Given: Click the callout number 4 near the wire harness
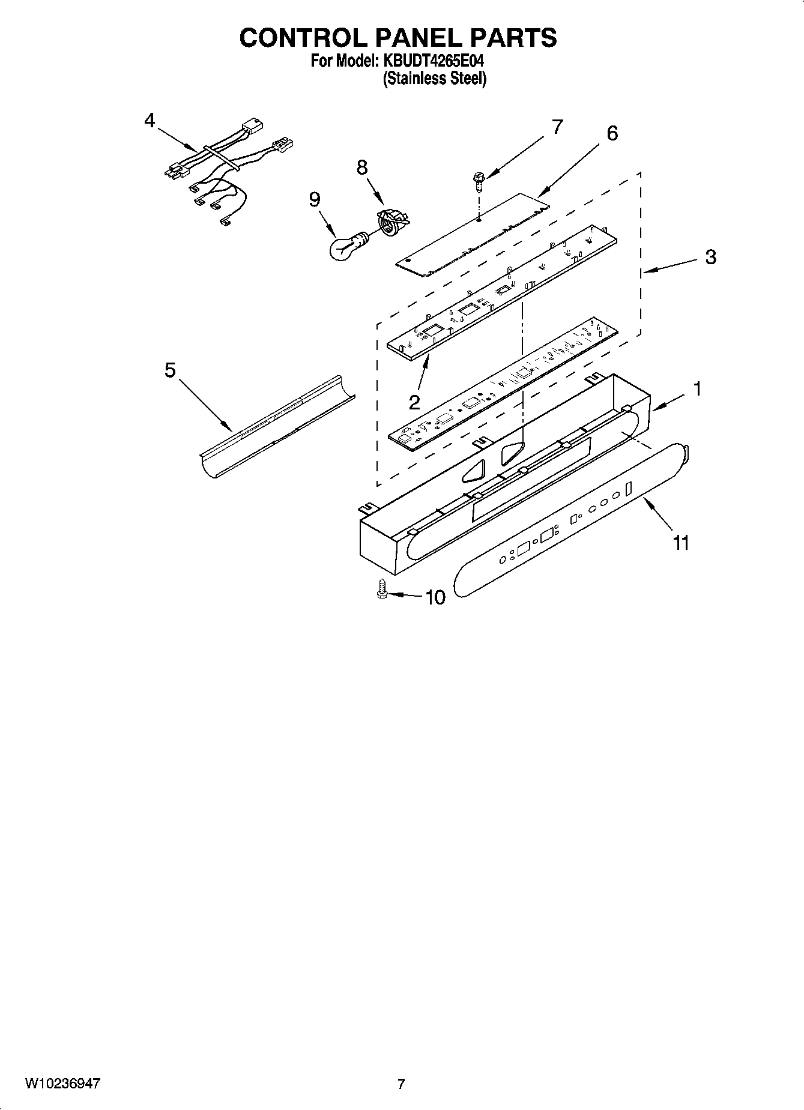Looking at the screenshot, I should coord(149,121).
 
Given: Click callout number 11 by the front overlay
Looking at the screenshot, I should coord(680,543).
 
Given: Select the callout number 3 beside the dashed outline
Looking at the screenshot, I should coord(710,258).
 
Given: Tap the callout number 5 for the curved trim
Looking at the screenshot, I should coord(170,370).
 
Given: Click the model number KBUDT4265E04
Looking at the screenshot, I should coord(430,61).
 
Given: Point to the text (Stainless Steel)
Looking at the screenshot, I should coord(434,79).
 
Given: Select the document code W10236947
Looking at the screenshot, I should coord(62,1084).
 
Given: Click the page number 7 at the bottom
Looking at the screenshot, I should coord(401,1084).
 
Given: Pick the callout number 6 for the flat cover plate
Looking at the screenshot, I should coord(611,133).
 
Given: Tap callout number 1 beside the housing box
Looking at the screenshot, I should coord(697,390).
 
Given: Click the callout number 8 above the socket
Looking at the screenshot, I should coord(362,167).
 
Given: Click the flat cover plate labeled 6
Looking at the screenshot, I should coord(474,235).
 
